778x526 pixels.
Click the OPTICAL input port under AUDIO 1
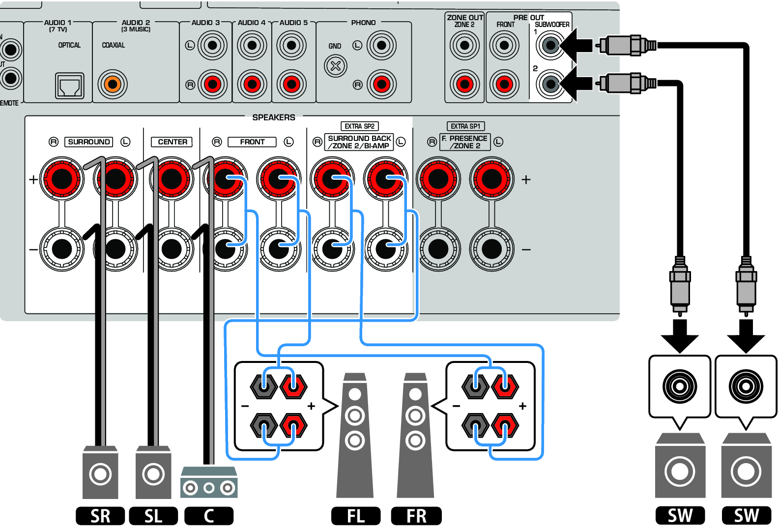point(69,86)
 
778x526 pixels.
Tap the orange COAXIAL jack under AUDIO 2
point(113,84)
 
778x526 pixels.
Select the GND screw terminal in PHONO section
point(336,66)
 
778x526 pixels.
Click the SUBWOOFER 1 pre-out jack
point(550,46)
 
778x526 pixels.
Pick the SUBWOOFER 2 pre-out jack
point(550,84)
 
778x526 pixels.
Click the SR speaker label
point(100,516)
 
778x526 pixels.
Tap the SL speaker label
point(153,516)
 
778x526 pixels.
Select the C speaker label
point(209,516)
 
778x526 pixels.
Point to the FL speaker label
point(356,516)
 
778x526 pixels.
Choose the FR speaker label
point(416,516)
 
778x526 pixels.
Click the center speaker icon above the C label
point(209,482)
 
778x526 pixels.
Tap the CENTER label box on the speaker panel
point(172,142)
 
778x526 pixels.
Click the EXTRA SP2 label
point(359,126)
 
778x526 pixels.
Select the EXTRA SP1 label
point(465,126)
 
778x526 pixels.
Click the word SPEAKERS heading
point(274,117)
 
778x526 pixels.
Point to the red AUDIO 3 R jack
point(212,84)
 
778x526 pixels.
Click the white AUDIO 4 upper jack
point(252,46)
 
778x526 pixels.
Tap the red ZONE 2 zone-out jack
point(464,84)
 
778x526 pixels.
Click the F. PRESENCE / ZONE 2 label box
point(465,142)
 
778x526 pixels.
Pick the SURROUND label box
point(88,142)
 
